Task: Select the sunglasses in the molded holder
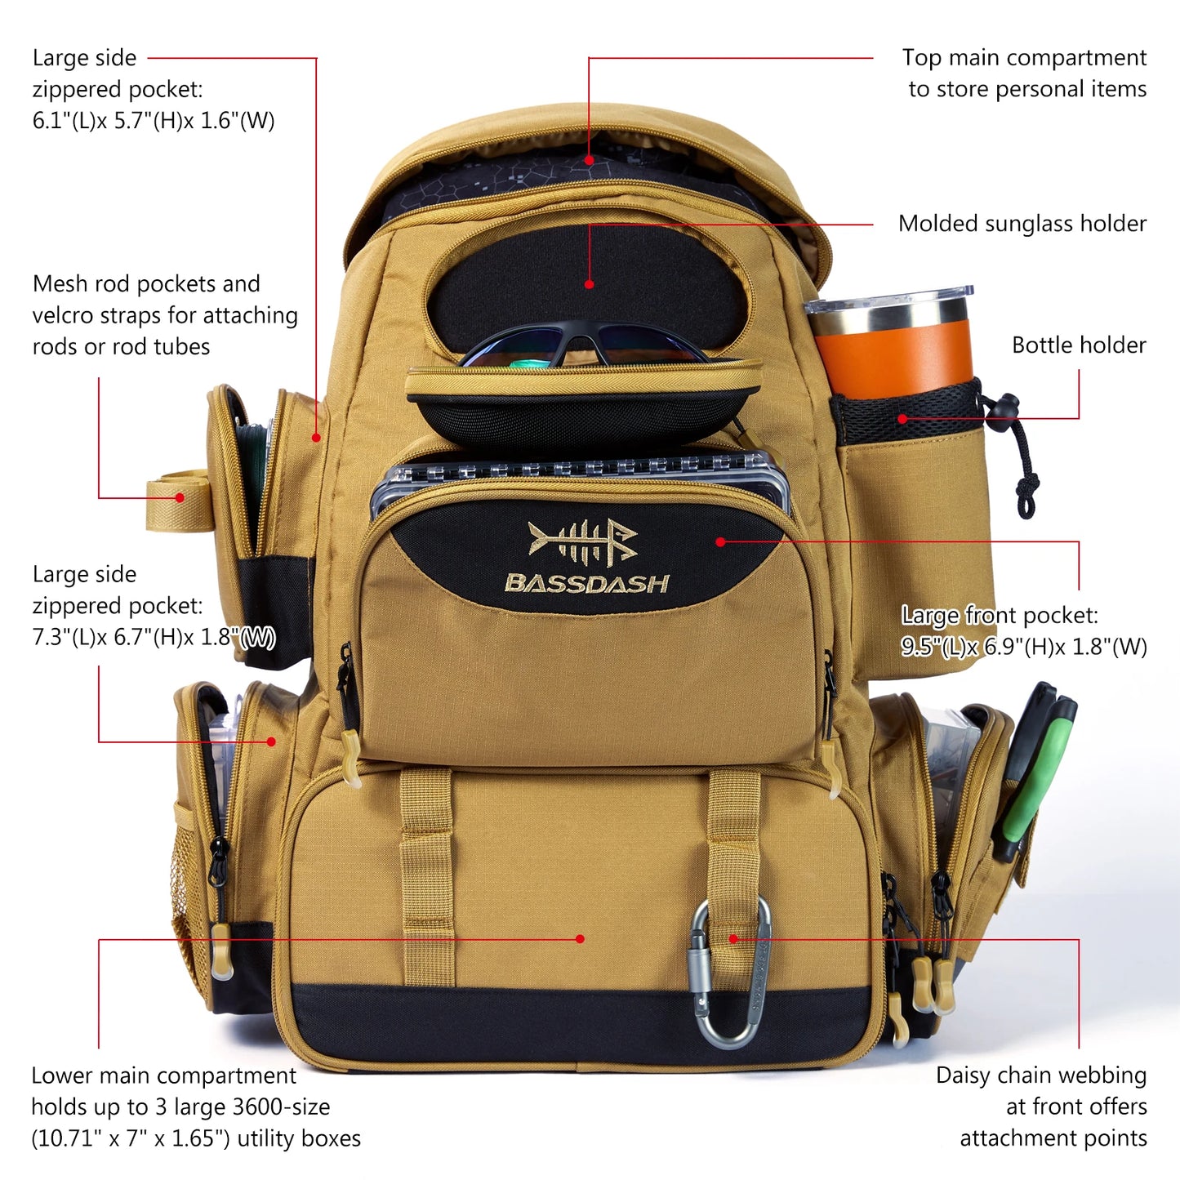coord(584,347)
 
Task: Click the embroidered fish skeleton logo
coord(582,541)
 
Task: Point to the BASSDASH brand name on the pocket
coord(586,583)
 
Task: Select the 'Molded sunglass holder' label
coord(1022,224)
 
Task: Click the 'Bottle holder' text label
coord(1078,345)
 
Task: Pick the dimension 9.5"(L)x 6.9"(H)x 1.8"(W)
coord(1023,647)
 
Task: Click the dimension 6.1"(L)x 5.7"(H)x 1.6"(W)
coord(154,121)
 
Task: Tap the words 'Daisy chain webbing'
coord(1040,1075)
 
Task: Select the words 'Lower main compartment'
coord(163,1075)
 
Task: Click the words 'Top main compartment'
coord(1023,58)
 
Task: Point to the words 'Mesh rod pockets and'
coord(146,284)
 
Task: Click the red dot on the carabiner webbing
coord(732,939)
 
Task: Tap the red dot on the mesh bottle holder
coord(902,419)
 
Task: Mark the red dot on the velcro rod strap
coord(180,497)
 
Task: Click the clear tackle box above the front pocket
coord(580,474)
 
